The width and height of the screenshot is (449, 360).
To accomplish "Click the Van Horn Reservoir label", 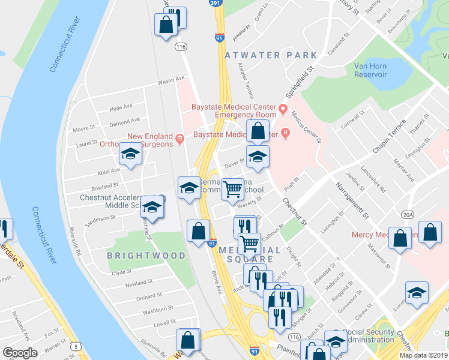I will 370,70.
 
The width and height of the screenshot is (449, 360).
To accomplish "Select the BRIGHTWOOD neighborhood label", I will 146,255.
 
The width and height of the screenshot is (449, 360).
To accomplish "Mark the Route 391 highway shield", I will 215,3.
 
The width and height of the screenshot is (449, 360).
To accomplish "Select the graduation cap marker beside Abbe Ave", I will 130,155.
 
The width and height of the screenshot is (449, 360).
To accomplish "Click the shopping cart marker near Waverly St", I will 232,190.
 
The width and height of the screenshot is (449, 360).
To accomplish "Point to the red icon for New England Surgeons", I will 179,140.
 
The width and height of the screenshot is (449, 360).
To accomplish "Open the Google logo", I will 20,353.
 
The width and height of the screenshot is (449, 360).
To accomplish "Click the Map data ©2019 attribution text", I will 423,355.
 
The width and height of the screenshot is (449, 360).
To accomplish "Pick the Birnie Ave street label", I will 216,283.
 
